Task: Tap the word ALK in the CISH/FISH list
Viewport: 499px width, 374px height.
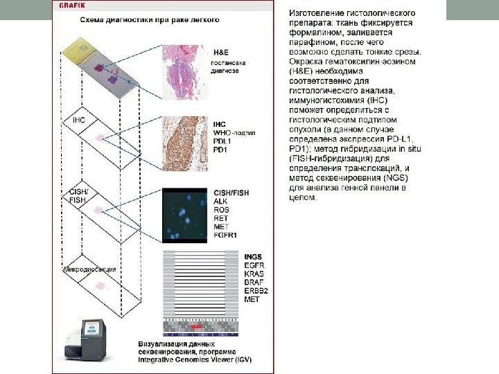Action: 221,201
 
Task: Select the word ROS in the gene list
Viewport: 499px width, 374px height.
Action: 222,209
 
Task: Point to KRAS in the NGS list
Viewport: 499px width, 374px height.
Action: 254,274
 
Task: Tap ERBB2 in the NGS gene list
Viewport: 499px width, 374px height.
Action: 256,291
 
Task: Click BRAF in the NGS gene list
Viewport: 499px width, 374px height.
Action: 254,283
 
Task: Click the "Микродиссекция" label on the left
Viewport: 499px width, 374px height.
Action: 89,269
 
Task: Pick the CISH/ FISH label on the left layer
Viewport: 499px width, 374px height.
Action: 78,195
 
